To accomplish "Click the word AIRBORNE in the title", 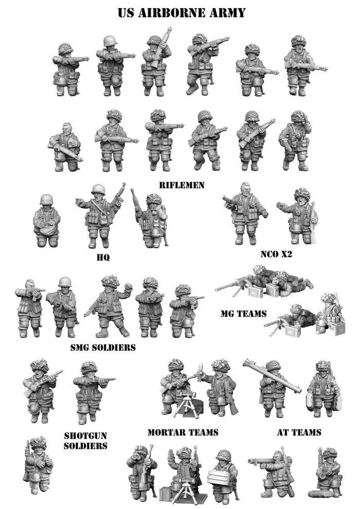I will pos(175,12).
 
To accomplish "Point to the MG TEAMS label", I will pos(243,313).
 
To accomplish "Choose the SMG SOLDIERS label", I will pos(103,347).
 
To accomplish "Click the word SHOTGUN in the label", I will pos(85,435).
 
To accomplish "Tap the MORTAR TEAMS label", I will pos(183,433).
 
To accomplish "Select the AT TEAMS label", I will pos(299,433).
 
